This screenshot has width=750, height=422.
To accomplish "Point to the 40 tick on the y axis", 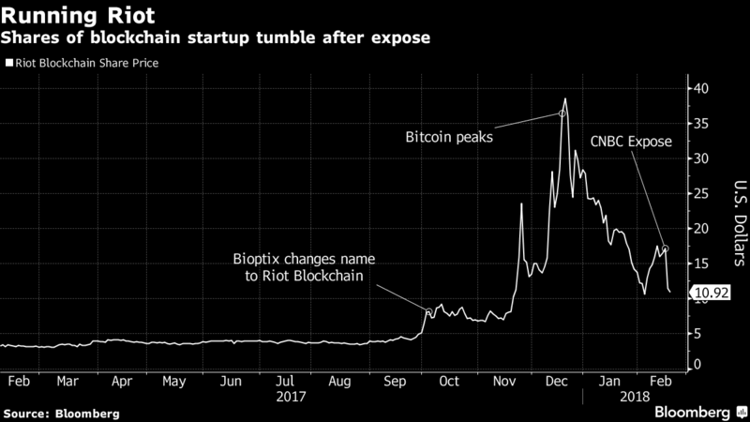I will pyautogui.click(x=701, y=89).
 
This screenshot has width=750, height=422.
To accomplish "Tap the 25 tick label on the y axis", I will pyautogui.click(x=701, y=194).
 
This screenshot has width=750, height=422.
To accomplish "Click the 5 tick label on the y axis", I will pyautogui.click(x=697, y=333).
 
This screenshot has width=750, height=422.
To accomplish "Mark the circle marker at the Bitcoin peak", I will pyautogui.click(x=562, y=113).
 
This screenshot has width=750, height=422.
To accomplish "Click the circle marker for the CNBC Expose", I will pyautogui.click(x=665, y=249).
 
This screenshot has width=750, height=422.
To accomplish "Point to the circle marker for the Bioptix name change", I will pyautogui.click(x=429, y=312).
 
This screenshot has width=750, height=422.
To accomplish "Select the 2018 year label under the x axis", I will pyautogui.click(x=636, y=397).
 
